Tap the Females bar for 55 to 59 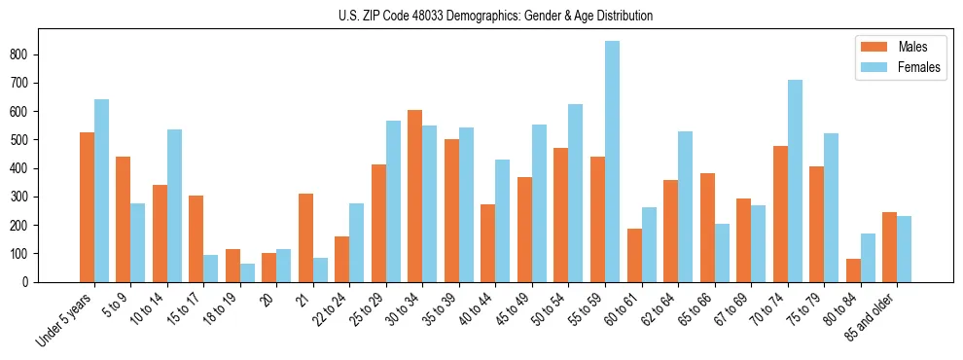[612, 162]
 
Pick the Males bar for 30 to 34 [414, 196]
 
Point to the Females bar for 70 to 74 [795, 181]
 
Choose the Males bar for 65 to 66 [707, 228]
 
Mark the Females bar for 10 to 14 [174, 205]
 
